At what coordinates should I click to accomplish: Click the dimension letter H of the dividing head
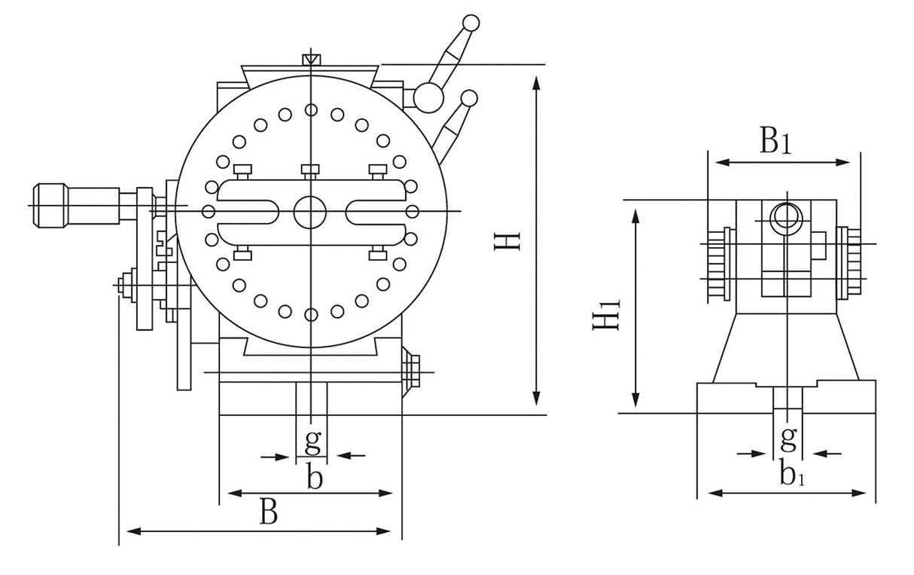tap(510, 242)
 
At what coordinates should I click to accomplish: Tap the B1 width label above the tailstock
tap(775, 142)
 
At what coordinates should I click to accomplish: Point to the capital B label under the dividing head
tap(269, 512)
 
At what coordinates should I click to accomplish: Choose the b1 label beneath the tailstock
tap(790, 475)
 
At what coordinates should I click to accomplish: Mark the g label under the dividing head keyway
tap(312, 441)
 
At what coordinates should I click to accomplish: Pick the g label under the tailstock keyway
tap(788, 436)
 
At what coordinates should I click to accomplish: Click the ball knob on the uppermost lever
tap(471, 23)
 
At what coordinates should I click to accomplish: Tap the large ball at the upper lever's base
tap(428, 96)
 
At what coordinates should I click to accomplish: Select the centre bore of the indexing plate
tap(309, 212)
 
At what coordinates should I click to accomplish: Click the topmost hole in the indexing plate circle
tap(311, 110)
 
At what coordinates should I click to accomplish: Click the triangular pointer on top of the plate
tap(310, 59)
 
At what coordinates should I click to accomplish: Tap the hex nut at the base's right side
tap(412, 370)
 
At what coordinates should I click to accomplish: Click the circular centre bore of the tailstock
tap(785, 217)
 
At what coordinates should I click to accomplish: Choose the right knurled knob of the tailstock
tap(854, 261)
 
